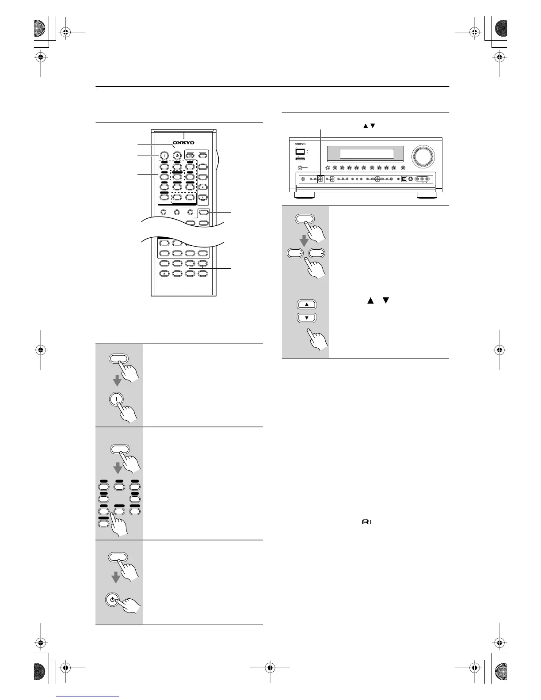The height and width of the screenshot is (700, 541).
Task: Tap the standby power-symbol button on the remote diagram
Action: [x=177, y=155]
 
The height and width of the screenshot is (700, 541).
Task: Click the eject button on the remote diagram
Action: [x=164, y=274]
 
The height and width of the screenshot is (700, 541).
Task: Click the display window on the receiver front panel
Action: [x=366, y=154]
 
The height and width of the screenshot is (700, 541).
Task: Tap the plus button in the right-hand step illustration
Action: [x=316, y=253]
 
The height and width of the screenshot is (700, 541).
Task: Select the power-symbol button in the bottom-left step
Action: [x=113, y=600]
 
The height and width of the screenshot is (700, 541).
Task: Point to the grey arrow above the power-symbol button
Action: [x=116, y=577]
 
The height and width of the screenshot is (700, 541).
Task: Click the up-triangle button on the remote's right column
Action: [x=203, y=187]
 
